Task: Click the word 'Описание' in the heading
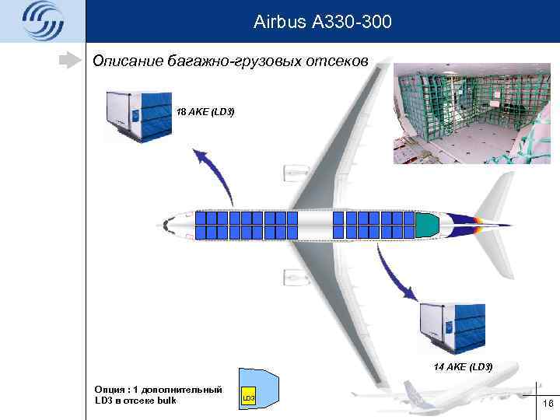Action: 127,61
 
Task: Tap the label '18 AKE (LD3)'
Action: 205,112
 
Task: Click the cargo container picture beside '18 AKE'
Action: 138,115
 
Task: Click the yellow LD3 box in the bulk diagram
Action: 248,397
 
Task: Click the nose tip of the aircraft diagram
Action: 162,226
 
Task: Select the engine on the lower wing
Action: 296,276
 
